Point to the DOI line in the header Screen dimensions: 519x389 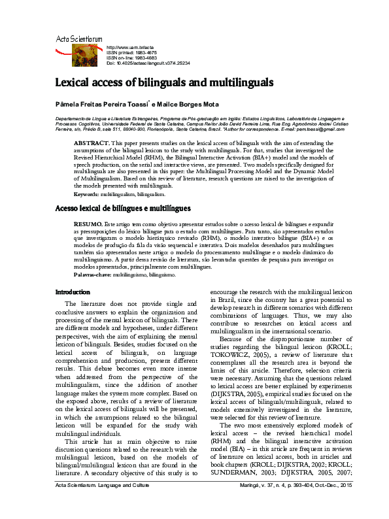(x=148, y=63)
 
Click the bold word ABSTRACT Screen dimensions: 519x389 (x=91, y=142)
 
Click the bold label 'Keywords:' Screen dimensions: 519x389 (x=86, y=194)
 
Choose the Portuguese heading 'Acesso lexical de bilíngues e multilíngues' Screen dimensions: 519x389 (x=123, y=209)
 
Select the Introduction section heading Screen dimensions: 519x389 (x=73, y=292)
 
